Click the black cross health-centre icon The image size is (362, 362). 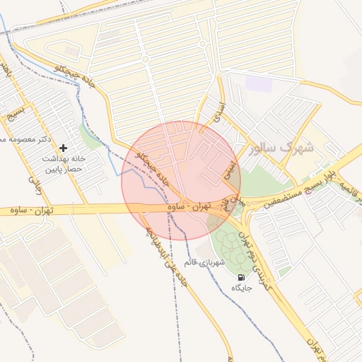(64, 148)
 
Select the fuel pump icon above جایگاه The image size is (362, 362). (243, 276)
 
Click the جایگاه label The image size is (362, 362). (243, 288)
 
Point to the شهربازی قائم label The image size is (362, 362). (205, 263)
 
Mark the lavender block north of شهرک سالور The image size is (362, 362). (259, 83)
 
